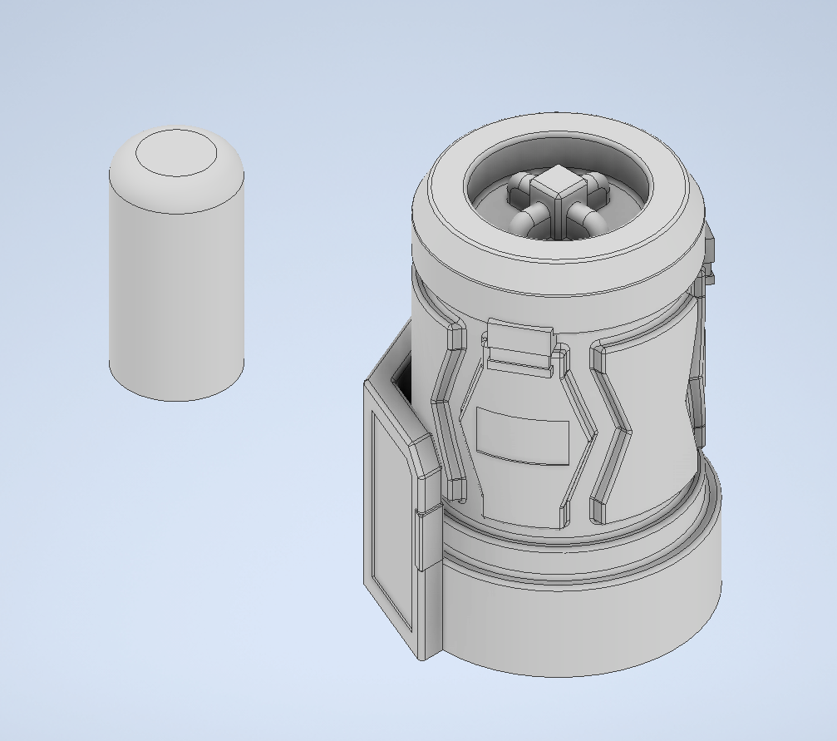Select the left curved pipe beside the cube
(525, 220)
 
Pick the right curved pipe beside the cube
(591, 220)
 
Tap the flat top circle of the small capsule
(177, 155)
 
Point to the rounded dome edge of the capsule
(125, 178)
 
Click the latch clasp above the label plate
(520, 341)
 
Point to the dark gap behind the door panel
(401, 381)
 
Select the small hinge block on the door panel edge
(428, 541)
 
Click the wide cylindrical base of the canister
(582, 624)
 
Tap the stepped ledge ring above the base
(582, 557)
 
